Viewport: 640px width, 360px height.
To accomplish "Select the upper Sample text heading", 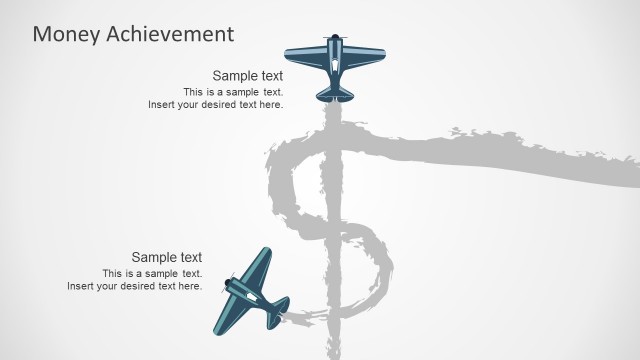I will [247, 76].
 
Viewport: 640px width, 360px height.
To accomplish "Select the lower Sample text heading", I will [166, 257].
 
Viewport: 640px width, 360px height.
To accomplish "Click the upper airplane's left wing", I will [303, 55].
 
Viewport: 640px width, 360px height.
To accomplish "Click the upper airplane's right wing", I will [365, 55].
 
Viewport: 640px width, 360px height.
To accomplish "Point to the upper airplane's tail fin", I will [335, 94].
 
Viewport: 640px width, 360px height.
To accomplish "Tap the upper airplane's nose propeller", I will [335, 38].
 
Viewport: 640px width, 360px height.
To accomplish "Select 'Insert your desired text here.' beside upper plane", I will [216, 104].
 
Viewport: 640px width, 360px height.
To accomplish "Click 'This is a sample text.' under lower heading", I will [152, 273].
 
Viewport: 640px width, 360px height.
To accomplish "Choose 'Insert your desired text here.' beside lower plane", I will [135, 286].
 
